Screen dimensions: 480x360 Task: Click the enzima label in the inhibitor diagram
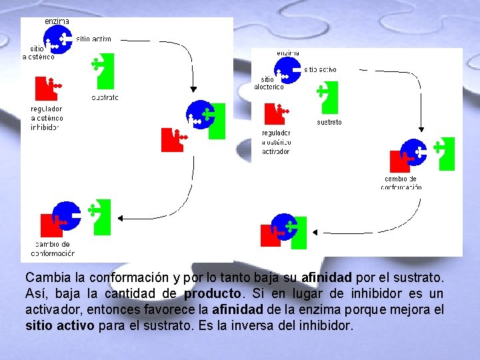pos(57,21)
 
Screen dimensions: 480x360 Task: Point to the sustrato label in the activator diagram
pos(329,123)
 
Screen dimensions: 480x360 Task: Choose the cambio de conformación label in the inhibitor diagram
pos(53,249)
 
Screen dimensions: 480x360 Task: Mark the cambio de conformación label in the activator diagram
pos(401,183)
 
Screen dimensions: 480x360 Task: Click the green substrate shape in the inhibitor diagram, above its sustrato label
pos(103,70)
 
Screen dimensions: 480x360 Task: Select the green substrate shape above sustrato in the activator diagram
pos(327,97)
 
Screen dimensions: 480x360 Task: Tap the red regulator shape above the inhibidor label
pos(47,87)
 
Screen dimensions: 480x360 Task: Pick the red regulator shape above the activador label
pos(274,113)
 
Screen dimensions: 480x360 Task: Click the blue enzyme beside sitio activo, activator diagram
pos(287,69)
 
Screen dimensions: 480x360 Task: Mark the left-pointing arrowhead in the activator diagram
pos(317,233)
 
